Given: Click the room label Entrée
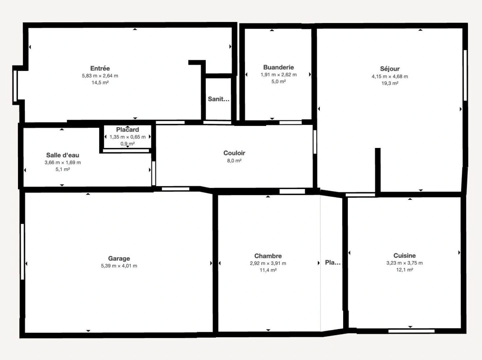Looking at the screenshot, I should pos(100,68).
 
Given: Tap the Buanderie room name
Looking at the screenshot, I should pos(278,67).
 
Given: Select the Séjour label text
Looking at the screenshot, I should pos(390,69).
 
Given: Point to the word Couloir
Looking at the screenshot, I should pos(234,153).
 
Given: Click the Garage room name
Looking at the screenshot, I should pos(119,258).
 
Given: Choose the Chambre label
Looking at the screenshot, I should pos(268,256).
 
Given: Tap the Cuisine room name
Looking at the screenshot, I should pos(404,256).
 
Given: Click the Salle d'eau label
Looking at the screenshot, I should pos(63,155).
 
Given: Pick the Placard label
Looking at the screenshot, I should pos(128,130).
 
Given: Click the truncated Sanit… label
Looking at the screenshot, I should pos(219,99).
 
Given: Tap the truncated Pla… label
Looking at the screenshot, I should pos(333,263).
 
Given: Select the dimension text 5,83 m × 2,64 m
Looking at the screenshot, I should pos(100,76).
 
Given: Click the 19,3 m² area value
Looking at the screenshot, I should pos(390,83).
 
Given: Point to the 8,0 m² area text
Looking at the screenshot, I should pos(234,161).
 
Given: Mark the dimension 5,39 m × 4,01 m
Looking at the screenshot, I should pos(119,266).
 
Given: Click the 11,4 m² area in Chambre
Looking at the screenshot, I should pos(268,270).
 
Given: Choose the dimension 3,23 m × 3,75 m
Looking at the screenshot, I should pos(404,263).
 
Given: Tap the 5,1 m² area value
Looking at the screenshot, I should pos(63,170).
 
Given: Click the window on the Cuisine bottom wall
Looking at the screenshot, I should pos(411,331).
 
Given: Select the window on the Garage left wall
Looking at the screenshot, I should pos(22,251).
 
